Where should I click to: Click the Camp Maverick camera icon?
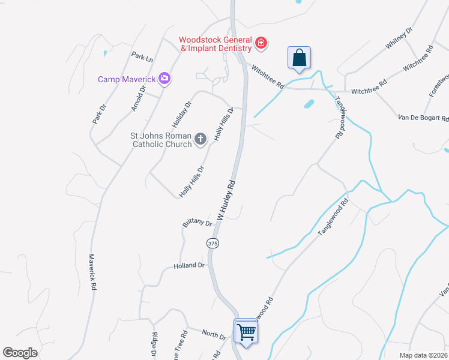(x=164, y=79)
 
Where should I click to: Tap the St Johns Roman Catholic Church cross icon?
(x=201, y=140)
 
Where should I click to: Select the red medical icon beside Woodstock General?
(x=261, y=43)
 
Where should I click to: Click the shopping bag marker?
(x=299, y=58)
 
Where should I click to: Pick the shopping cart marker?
(x=246, y=331)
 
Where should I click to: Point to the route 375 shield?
(x=212, y=244)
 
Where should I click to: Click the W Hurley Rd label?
(x=229, y=199)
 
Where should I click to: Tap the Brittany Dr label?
(x=197, y=224)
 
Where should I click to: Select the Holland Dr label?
(x=189, y=265)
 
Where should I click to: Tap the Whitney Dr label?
(x=399, y=40)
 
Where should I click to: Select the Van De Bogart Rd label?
(x=423, y=118)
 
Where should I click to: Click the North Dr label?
(x=213, y=334)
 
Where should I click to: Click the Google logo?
(x=20, y=353)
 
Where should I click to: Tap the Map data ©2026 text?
(x=424, y=355)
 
